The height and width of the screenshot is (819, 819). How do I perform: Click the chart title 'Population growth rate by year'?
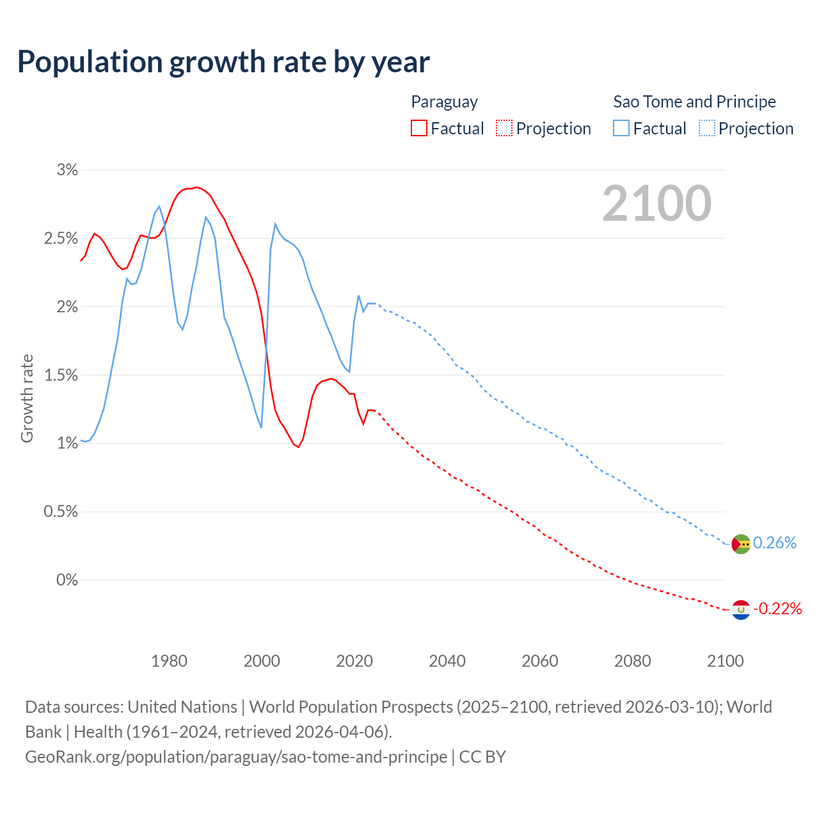(x=223, y=62)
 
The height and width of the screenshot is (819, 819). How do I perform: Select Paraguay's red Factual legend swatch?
(x=419, y=128)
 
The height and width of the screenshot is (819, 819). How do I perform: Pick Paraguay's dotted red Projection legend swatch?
(x=504, y=128)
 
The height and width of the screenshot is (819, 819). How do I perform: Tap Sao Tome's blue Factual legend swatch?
(x=621, y=128)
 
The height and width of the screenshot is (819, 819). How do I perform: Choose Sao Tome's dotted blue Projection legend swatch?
(x=707, y=128)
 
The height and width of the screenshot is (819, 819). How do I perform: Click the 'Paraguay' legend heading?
(x=444, y=102)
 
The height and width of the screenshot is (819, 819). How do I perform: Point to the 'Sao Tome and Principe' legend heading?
(x=694, y=102)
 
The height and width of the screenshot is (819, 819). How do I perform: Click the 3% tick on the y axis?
(x=67, y=170)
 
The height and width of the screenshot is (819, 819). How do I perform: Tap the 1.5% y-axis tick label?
(x=61, y=375)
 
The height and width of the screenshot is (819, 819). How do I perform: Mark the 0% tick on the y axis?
(x=67, y=580)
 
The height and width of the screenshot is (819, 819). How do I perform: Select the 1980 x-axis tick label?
(x=169, y=661)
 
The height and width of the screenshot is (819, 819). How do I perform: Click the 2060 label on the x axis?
(x=540, y=661)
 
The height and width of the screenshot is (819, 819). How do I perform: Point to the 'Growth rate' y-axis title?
(x=27, y=398)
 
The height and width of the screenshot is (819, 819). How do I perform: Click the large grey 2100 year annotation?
(x=656, y=203)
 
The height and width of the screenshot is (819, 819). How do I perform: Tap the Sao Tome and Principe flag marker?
(x=741, y=544)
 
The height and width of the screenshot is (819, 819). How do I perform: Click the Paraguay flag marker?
(x=741, y=610)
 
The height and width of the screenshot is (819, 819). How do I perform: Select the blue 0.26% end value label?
(x=775, y=543)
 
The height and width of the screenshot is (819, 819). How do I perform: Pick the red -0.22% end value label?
(x=777, y=608)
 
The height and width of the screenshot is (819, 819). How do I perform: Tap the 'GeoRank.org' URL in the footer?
(x=74, y=757)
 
